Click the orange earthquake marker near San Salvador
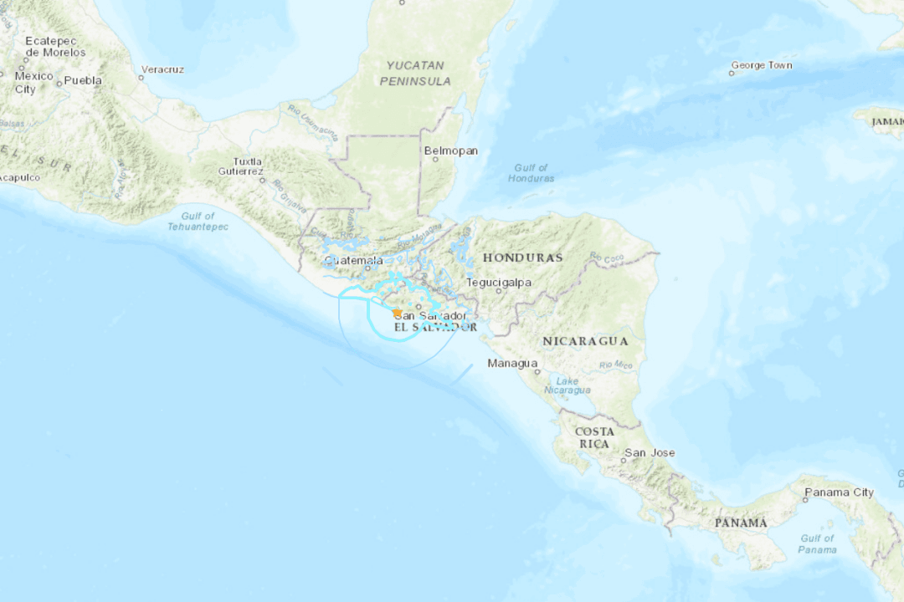click(397, 313)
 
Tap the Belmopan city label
click(451, 150)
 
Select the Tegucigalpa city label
click(499, 282)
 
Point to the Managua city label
click(512, 363)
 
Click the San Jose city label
click(650, 453)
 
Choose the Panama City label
click(839, 492)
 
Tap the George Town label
click(761, 65)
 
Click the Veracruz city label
click(162, 69)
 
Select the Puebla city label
click(83, 80)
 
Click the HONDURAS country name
click(522, 258)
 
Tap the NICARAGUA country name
click(585, 341)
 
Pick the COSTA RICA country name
click(593, 437)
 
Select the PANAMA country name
click(741, 523)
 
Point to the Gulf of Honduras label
click(531, 173)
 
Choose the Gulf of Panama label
click(817, 543)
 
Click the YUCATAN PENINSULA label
click(415, 73)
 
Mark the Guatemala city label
click(354, 260)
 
